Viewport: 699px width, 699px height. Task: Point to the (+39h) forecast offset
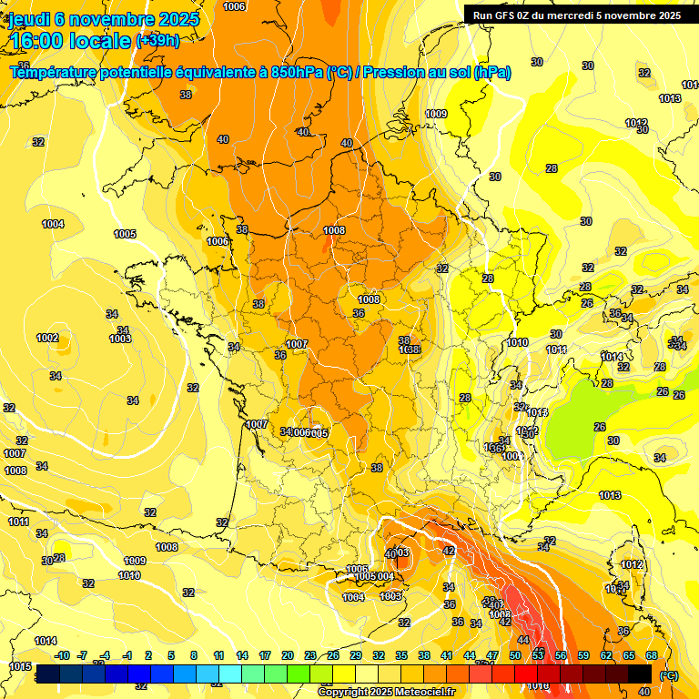point(157,41)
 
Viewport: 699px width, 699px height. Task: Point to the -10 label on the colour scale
point(62,655)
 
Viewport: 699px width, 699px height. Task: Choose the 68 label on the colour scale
point(652,655)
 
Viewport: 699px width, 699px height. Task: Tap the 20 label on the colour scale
point(288,655)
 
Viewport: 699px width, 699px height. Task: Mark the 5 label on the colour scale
point(172,655)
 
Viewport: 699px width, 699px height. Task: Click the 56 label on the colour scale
point(561,655)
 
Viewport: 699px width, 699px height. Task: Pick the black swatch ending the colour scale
point(640,674)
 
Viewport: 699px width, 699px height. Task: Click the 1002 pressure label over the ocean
point(47,338)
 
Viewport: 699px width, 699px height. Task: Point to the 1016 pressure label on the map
point(538,685)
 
